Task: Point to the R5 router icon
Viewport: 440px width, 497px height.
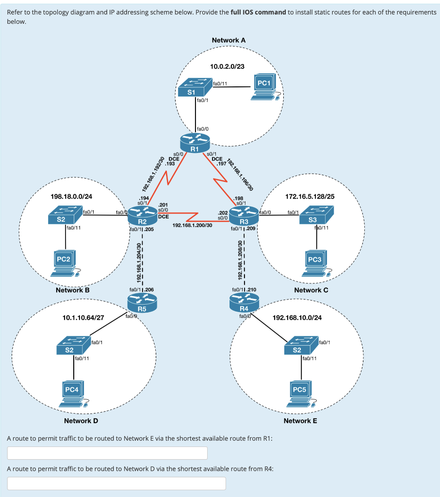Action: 142,304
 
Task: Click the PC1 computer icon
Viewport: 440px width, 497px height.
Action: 264,87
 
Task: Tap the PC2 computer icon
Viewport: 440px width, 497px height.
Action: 66,262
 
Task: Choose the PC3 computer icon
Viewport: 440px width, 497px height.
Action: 315,263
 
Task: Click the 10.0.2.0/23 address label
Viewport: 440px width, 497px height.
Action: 227,66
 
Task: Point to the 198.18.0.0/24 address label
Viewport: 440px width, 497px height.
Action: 71,197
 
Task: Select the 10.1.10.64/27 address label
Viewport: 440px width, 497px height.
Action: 83,317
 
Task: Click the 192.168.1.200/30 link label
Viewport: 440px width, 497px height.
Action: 192,226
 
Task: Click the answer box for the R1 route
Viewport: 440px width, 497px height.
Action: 107,453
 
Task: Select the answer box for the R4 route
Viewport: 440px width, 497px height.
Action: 116,483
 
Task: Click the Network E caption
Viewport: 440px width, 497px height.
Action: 300,421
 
